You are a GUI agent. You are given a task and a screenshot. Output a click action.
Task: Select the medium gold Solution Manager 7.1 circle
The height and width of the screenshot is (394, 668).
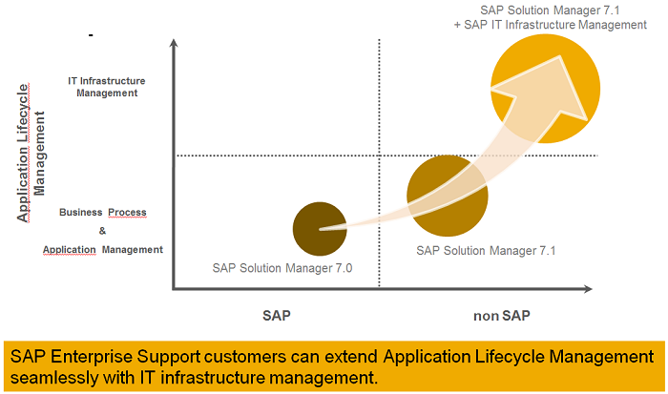coord(448,196)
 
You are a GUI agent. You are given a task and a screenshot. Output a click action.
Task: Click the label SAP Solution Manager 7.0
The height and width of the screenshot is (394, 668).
coord(282,268)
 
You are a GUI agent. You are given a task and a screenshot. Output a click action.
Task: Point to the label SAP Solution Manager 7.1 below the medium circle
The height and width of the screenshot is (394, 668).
coord(486,250)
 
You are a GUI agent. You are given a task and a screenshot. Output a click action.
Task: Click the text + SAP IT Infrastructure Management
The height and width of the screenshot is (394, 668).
coord(550,24)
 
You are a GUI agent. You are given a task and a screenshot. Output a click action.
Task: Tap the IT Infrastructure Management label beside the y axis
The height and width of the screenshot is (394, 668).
coord(103,87)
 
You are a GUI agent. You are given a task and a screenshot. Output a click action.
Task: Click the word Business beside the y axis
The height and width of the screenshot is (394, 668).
coord(80,212)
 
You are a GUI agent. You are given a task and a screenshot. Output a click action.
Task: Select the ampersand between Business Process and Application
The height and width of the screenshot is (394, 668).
coord(102,231)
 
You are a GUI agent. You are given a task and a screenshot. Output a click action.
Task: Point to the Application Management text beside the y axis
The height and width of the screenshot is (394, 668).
coord(102,250)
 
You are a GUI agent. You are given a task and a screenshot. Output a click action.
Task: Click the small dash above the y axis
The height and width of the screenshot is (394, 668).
coord(90,35)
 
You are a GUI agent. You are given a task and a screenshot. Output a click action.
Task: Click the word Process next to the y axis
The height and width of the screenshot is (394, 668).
coord(127,212)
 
